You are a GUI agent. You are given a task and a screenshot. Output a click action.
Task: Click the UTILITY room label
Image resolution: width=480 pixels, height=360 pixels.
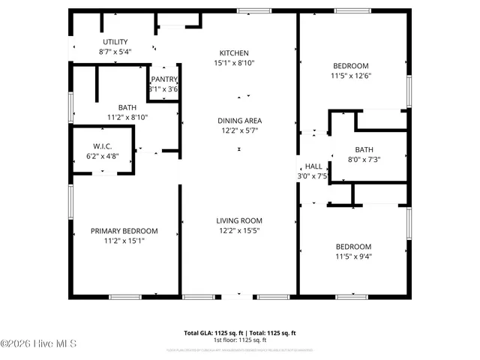coord(115,42)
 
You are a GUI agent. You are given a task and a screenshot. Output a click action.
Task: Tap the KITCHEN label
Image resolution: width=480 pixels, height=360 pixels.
coord(233,53)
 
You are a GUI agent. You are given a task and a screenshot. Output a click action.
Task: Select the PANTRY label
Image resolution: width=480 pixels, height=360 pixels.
coord(163,79)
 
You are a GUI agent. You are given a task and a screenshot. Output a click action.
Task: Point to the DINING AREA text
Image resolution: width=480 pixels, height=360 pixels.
coord(239,121)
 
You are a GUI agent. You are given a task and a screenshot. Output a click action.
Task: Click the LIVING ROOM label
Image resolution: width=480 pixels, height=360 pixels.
coord(239,220)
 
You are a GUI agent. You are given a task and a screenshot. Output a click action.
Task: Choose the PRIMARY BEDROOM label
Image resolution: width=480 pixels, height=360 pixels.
coord(124,231)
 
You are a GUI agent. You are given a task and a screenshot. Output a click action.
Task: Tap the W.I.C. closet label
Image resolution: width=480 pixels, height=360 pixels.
coord(103,146)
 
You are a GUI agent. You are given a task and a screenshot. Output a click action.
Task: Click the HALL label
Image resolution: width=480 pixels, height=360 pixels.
coord(313,166)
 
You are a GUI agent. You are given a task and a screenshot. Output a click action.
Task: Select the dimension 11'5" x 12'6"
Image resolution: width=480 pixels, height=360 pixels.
coord(352,76)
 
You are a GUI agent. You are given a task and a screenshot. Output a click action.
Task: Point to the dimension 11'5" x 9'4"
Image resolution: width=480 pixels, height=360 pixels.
coord(352,256)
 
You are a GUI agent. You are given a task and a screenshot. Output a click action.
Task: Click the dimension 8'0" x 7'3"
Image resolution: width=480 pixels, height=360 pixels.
coord(364,159)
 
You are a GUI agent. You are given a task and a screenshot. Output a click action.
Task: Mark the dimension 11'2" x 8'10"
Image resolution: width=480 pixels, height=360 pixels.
coord(127,118)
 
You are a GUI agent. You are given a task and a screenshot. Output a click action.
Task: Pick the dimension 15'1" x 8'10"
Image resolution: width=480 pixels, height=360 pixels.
coord(233,63)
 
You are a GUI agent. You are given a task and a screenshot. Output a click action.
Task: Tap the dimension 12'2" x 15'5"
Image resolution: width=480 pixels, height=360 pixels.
coord(239,230)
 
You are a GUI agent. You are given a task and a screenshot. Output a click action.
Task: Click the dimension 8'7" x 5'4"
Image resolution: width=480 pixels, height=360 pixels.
coord(115,52)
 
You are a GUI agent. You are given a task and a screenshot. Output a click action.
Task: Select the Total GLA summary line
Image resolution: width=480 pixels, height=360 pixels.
coord(239,332)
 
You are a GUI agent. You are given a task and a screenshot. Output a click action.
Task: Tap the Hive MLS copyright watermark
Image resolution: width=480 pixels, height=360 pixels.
coord(39,344)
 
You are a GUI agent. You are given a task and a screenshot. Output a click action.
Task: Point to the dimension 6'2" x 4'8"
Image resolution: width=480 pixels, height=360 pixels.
coord(103,156)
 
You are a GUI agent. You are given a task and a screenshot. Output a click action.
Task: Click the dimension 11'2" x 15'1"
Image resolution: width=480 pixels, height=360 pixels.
coord(124,241)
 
